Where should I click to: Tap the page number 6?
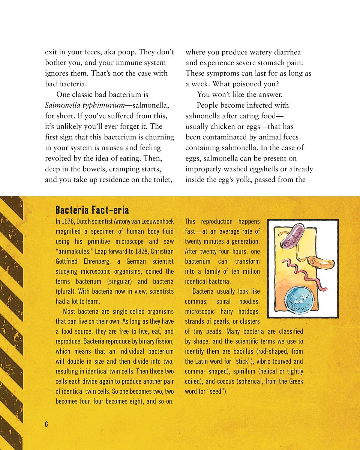point(46,424)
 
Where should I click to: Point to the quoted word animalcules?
point(75,251)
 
